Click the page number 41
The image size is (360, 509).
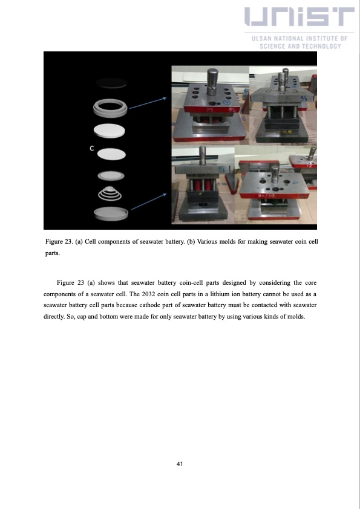[x=180, y=464]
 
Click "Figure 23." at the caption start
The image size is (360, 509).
[x=61, y=242]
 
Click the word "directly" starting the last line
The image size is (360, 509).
[x=56, y=317]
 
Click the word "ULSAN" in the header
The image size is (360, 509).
[x=262, y=39]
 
